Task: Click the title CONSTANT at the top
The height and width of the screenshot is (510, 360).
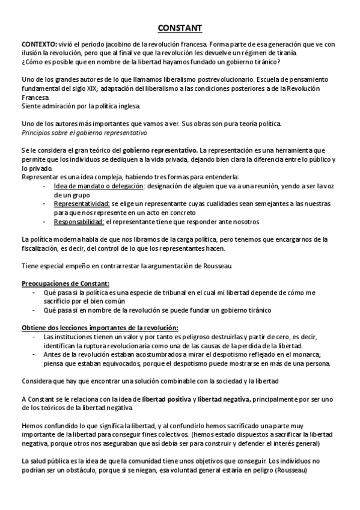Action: pyautogui.click(x=180, y=28)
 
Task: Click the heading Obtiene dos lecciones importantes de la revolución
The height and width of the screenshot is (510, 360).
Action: pyautogui.click(x=99, y=327)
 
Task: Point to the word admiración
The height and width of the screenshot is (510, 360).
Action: pyautogui.click(x=56, y=106)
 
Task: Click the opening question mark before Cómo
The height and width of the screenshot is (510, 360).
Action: pyautogui.click(x=22, y=62)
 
